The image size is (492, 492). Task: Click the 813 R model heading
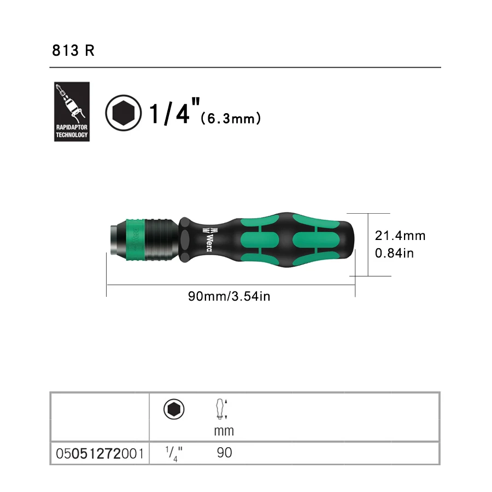click(73, 51)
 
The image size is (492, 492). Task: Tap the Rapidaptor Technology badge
click(72, 112)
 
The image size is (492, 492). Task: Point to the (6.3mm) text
click(230, 118)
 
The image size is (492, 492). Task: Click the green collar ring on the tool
click(133, 238)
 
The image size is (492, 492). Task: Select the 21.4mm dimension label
click(400, 236)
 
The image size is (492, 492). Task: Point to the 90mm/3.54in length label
click(229, 296)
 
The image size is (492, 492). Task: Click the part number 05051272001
click(99, 453)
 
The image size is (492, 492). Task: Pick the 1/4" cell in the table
click(173, 453)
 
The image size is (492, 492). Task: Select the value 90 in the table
click(224, 453)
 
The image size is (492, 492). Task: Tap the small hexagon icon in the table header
click(174, 409)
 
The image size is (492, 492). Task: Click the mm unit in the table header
click(224, 431)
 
